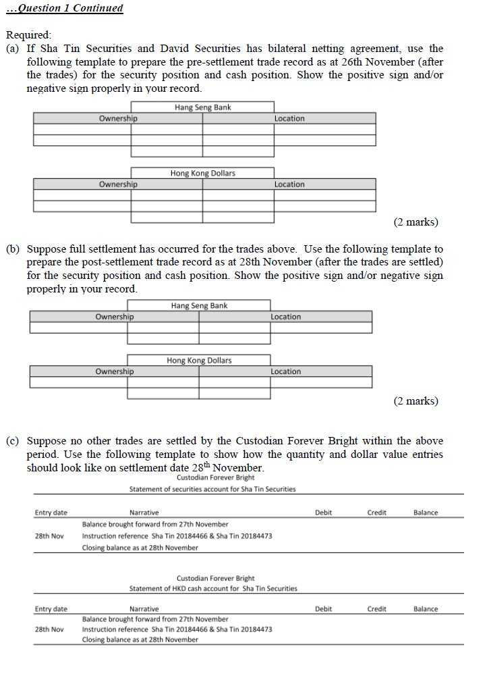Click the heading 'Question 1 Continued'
pos(65,8)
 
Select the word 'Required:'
pos(28,34)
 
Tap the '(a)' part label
pos(13,48)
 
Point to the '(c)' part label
pos(13,441)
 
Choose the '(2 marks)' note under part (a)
pos(416,222)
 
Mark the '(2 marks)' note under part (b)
pos(416,401)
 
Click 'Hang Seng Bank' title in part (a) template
pos(202,107)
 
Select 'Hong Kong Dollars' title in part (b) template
pos(199,360)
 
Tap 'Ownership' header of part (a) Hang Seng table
pos(118,119)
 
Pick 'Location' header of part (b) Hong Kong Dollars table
pos(286,371)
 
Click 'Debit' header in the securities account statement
pos(323,513)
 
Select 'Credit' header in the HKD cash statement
pos(376,608)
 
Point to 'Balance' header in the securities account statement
pos(426,513)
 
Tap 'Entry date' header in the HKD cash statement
pos(51,608)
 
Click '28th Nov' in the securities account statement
pos(49,536)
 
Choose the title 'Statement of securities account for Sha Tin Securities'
pos(212,489)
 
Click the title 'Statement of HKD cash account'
pos(213,588)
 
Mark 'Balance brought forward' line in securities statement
pos(155,524)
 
